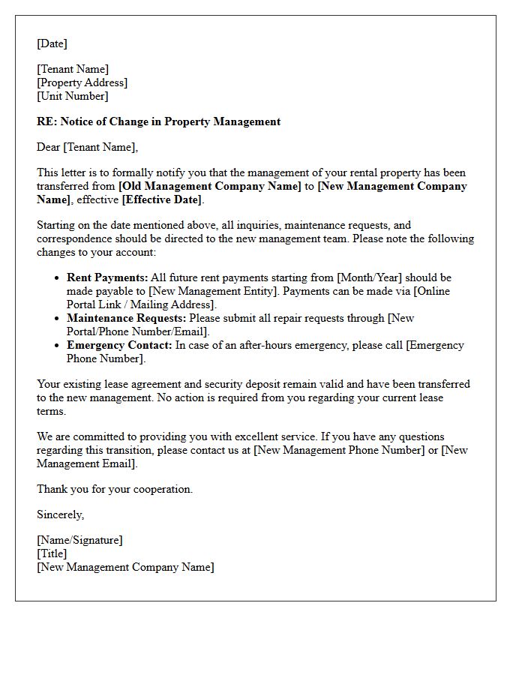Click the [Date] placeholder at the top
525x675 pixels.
coord(52,43)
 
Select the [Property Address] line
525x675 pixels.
coord(82,82)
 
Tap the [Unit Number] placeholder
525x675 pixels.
coord(72,96)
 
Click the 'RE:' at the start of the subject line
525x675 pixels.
coord(46,121)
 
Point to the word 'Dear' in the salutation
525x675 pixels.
coord(48,147)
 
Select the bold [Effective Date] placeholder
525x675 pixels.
coord(162,199)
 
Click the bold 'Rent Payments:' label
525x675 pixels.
coord(107,277)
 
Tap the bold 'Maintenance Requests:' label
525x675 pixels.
coord(126,318)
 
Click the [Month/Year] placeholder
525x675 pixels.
coord(370,277)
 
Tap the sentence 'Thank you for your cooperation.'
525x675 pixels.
coord(115,489)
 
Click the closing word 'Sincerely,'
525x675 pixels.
coord(60,514)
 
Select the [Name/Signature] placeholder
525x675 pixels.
coord(79,540)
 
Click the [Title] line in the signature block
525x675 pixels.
coord(52,553)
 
